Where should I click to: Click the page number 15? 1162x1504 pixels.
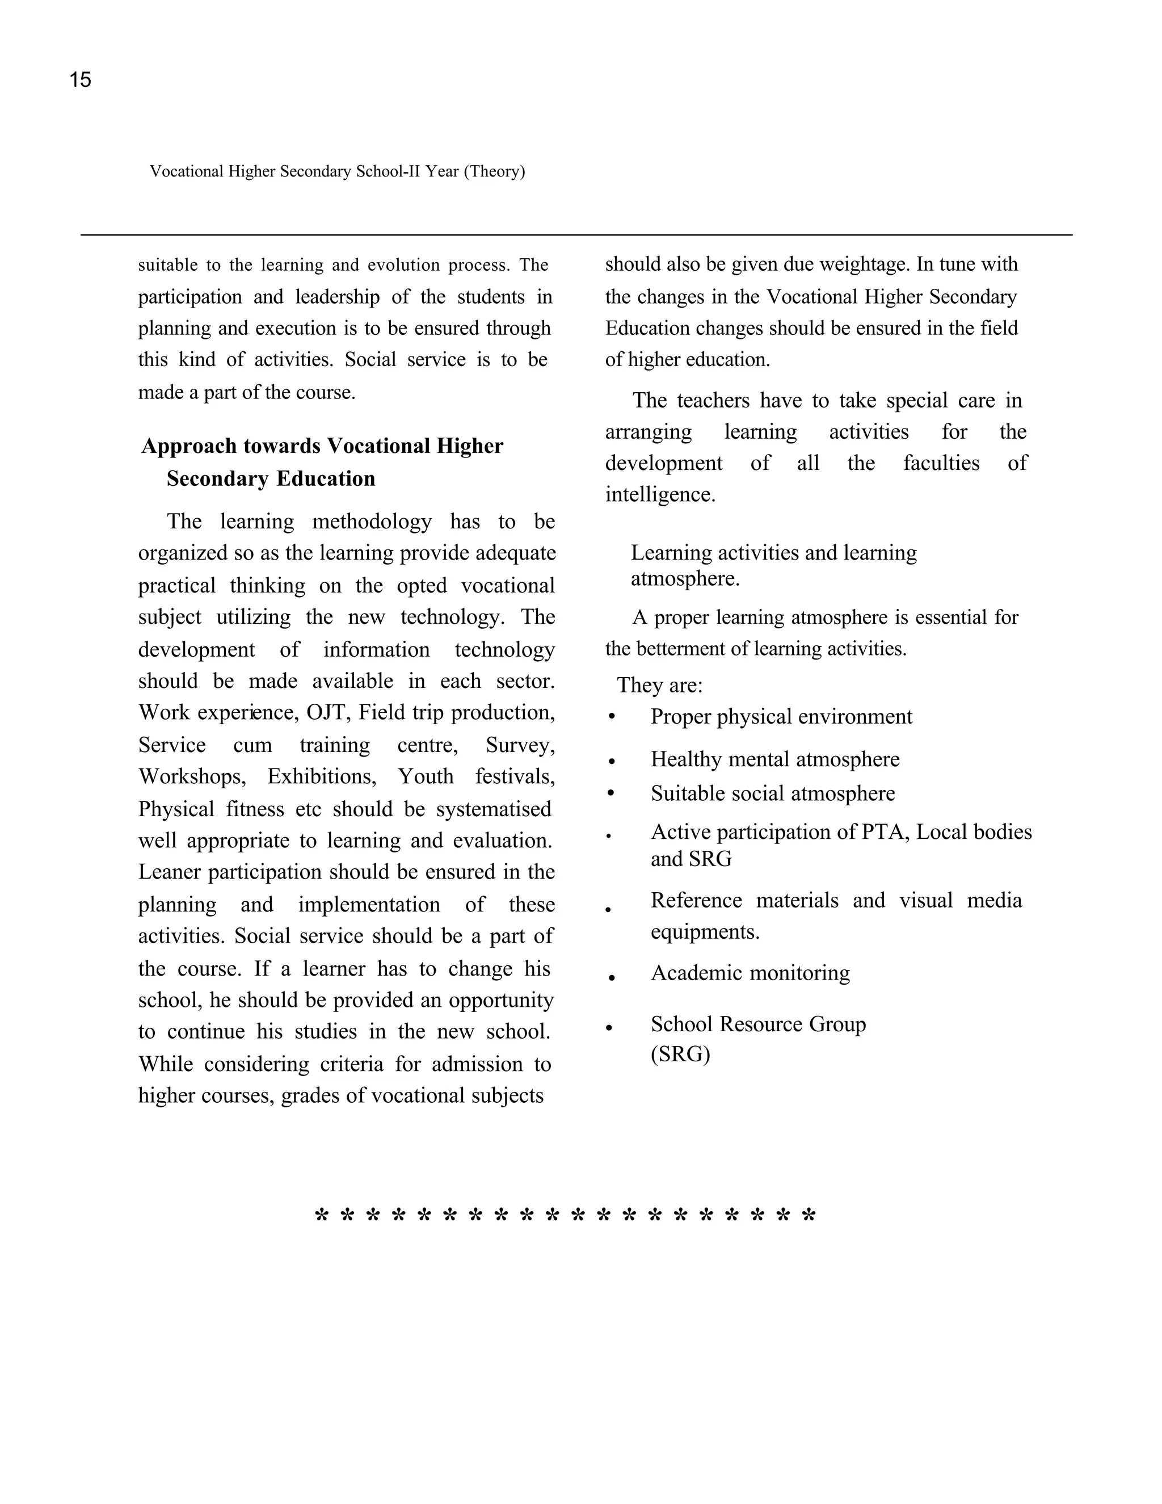(80, 80)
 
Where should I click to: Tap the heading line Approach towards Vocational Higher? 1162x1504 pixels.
(322, 446)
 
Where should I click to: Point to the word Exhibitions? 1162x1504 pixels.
(322, 777)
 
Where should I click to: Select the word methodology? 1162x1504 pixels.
(372, 522)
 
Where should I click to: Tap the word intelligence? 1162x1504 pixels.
(659, 494)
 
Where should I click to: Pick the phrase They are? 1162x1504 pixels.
(659, 685)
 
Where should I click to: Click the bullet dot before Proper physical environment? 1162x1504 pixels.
(611, 717)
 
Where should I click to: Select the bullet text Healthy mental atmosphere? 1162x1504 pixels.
(774, 759)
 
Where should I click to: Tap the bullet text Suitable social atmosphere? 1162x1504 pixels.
(772, 793)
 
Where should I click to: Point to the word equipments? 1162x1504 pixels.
(704, 932)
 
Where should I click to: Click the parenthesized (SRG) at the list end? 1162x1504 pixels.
(679, 1055)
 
